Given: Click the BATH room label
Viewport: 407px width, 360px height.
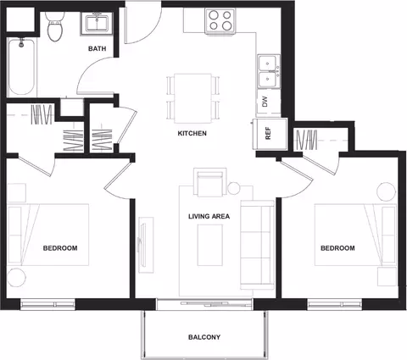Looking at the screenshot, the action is click(x=98, y=48).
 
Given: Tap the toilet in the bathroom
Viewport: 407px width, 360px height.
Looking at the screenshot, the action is click(x=55, y=26).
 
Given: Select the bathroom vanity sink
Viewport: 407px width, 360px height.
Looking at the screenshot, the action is click(x=97, y=24).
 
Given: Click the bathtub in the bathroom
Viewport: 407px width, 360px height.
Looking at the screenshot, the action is click(x=21, y=67).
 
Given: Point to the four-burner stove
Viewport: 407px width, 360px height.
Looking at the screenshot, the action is click(x=220, y=21).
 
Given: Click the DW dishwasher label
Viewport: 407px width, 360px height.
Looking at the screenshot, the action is click(x=265, y=102).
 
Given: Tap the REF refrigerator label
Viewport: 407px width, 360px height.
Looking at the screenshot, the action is click(x=268, y=133).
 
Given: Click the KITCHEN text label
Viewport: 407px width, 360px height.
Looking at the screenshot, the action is click(x=192, y=133).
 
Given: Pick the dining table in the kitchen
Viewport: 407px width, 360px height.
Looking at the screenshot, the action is click(x=193, y=98).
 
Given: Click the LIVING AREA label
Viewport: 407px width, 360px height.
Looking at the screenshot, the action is click(x=209, y=217).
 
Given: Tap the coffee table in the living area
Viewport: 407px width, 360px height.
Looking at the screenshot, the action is click(x=210, y=245).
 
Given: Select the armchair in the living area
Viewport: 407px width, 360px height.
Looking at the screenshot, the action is click(x=210, y=182).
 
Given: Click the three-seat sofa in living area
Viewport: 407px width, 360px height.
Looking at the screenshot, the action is click(x=257, y=245).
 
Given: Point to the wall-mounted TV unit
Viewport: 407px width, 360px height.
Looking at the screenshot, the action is click(x=146, y=245).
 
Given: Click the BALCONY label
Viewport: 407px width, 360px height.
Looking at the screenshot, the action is click(x=204, y=337).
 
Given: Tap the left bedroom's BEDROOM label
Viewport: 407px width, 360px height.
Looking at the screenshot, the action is click(x=60, y=248).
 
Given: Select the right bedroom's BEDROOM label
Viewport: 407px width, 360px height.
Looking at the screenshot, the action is click(x=337, y=248).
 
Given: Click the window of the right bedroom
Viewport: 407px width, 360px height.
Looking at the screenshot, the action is click(x=335, y=305).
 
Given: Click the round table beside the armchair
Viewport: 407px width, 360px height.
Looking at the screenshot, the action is click(x=234, y=188).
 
